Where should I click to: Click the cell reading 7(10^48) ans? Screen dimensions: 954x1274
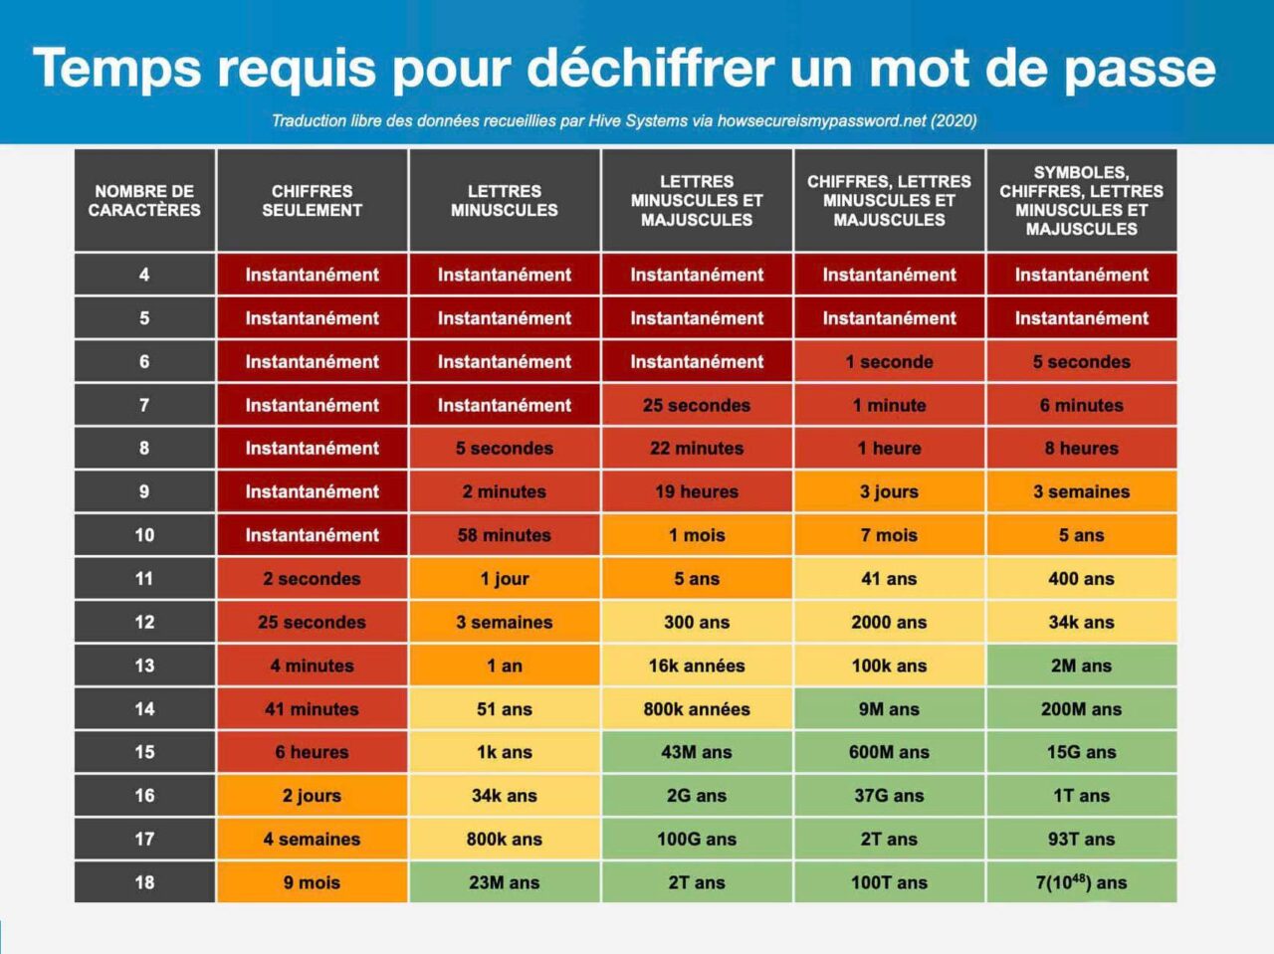point(1081,882)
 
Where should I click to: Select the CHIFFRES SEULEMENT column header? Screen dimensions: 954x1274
point(312,201)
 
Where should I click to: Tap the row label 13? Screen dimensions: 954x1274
point(144,666)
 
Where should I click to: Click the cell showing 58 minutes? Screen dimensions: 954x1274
point(504,535)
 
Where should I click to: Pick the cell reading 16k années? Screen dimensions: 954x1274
point(697,666)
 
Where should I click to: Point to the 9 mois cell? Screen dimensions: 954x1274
point(312,882)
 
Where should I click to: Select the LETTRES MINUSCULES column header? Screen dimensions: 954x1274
point(504,201)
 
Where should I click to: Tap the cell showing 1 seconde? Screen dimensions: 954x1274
point(889,362)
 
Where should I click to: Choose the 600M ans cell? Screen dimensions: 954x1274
point(889,752)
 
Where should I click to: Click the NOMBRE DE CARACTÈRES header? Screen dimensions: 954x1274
point(144,201)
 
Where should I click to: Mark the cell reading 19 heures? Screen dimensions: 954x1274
point(697,491)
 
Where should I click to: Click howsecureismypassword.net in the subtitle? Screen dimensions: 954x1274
point(821,121)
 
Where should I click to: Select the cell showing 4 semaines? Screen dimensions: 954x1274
point(312,839)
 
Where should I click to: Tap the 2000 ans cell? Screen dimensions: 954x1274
point(889,622)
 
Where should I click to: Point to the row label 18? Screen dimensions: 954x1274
point(144,882)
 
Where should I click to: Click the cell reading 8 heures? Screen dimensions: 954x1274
point(1081,449)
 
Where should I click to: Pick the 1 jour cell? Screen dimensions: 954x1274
point(504,579)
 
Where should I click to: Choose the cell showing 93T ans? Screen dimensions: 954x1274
point(1081,839)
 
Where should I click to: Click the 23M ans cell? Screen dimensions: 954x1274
point(504,882)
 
